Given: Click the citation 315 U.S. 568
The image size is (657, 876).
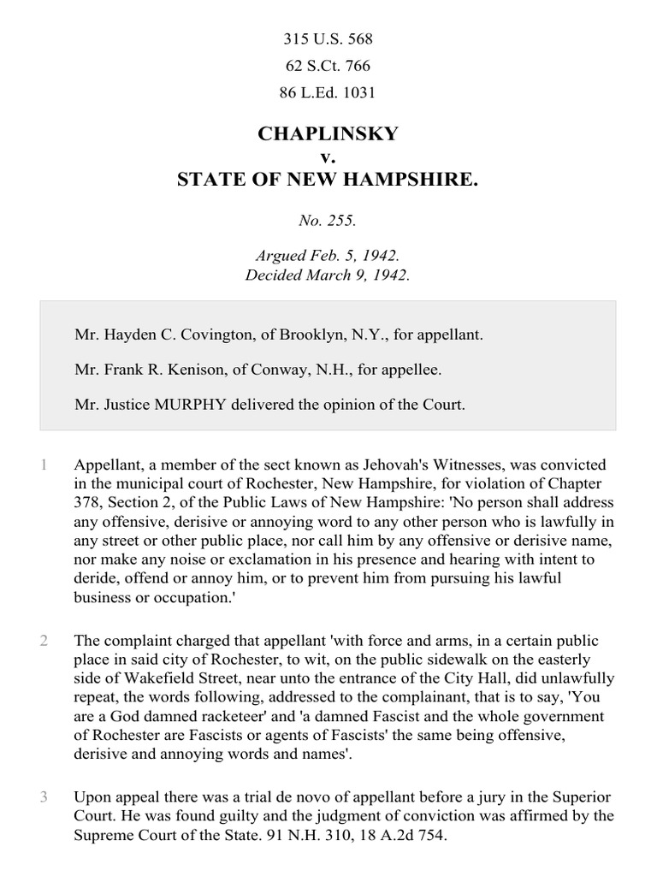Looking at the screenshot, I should (x=328, y=39).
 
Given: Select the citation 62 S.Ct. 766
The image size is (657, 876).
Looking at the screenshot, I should (x=328, y=66).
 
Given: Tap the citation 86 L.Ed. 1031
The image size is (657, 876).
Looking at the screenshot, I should (x=328, y=92).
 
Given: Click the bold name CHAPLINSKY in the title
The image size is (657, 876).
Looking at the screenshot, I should (x=328, y=134).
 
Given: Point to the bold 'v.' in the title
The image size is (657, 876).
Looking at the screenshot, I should (x=328, y=157).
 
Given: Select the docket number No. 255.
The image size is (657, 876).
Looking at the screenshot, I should (x=328, y=220).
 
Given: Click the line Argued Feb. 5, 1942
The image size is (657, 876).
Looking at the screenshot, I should (x=328, y=257).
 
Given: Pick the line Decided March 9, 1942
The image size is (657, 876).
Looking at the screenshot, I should (x=328, y=275).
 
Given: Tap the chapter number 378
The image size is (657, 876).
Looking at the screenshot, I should (x=88, y=503).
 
